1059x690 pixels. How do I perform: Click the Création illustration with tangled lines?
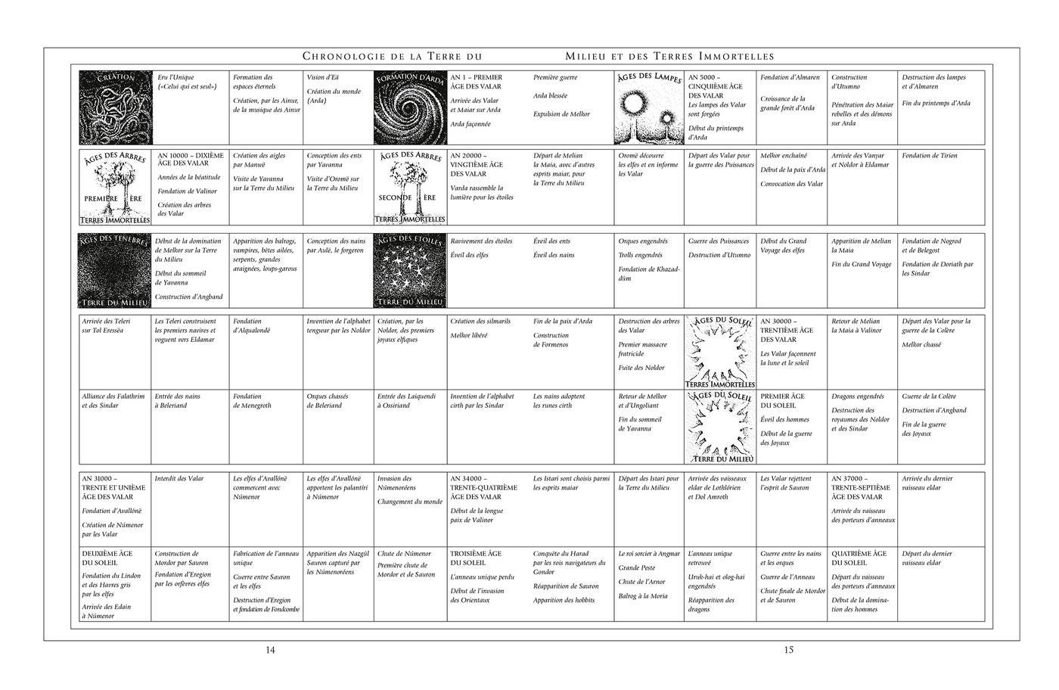point(116,108)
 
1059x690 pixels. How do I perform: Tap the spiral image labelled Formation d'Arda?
point(410,108)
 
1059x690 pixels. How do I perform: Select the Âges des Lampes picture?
point(648,108)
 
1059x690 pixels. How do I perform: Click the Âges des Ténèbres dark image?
point(115,270)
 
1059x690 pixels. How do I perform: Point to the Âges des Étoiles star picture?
point(410,270)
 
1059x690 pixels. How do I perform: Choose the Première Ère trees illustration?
point(115,188)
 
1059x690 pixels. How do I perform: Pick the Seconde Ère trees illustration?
point(410,188)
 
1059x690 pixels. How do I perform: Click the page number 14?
point(271,650)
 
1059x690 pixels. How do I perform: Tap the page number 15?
point(788,650)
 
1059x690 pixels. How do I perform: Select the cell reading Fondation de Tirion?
point(929,156)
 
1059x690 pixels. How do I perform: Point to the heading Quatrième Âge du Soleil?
point(859,558)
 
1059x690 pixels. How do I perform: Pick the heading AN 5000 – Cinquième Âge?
point(709,87)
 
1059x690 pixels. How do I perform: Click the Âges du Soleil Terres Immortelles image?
point(719,352)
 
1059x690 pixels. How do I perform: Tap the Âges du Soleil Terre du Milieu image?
point(719,427)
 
